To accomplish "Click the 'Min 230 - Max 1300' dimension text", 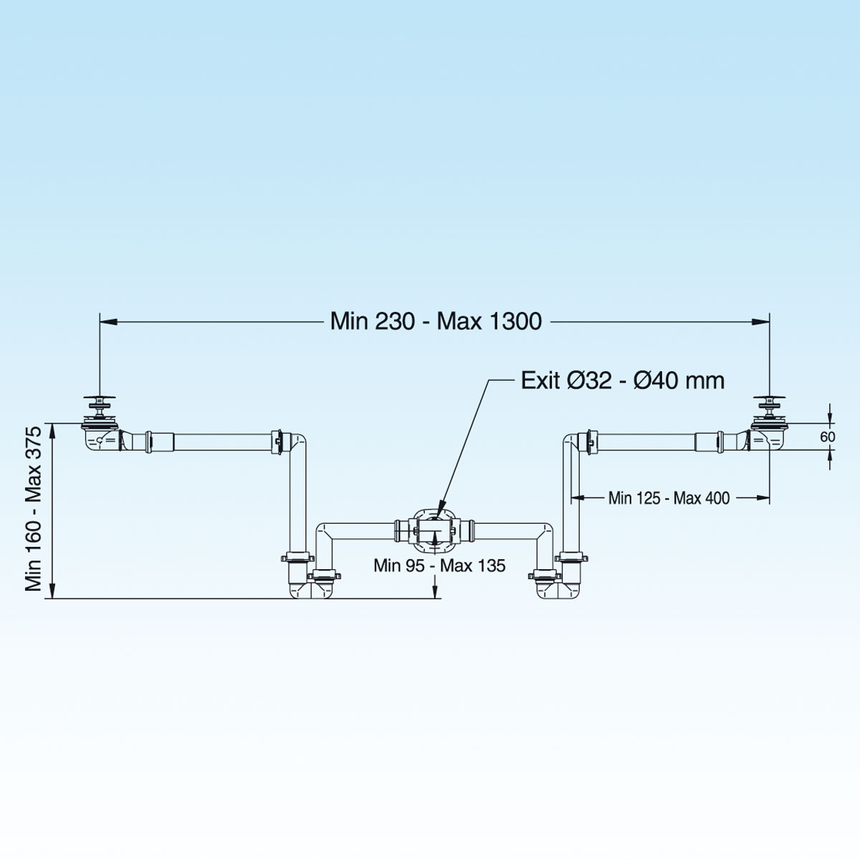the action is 436,321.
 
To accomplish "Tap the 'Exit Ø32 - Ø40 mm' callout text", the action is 623,381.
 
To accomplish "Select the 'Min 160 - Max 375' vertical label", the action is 34,509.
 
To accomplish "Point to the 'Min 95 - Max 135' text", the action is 439,565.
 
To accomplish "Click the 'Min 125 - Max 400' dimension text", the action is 669,498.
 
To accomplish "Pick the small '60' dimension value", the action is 828,436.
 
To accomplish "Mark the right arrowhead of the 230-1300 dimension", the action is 760,321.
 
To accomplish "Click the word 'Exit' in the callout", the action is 540,381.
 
